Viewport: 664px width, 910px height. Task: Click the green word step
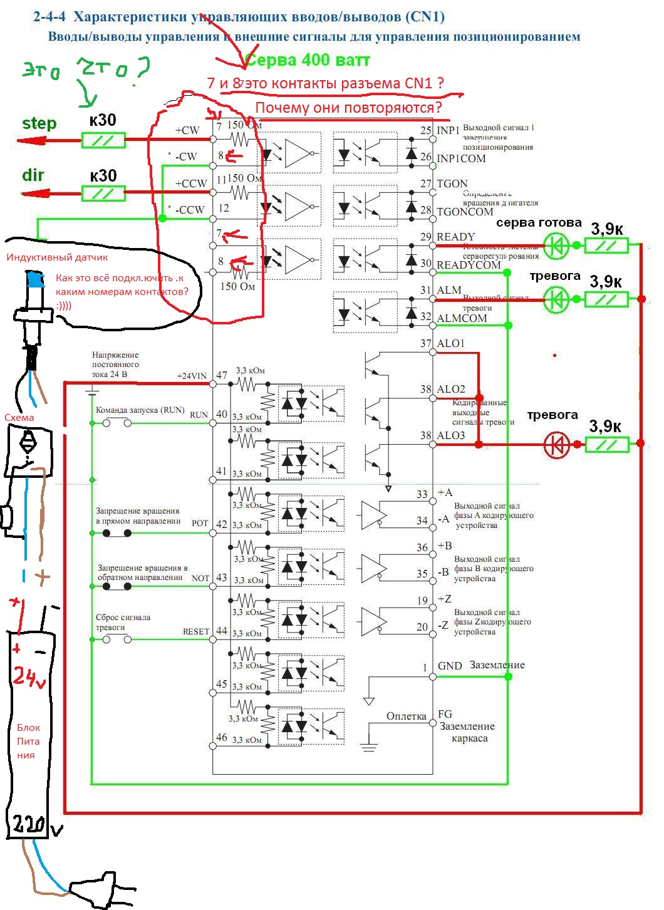[39, 123]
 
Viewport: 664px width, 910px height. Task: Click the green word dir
[33, 175]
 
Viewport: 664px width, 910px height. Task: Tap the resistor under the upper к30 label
[103, 140]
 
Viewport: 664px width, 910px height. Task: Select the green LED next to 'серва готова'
[556, 246]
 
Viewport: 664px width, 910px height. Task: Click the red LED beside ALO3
[556, 445]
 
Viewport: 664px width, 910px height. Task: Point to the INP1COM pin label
[461, 158]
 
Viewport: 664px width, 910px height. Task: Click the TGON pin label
[452, 184]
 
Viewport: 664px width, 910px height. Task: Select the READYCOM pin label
[469, 265]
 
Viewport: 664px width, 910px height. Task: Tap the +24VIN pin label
[192, 376]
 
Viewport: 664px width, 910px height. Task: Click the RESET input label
[195, 631]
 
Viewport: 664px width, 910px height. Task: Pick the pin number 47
[222, 376]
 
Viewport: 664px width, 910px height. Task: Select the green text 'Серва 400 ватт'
[307, 61]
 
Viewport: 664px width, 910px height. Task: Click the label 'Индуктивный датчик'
[57, 257]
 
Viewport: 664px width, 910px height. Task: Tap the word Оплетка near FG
[406, 716]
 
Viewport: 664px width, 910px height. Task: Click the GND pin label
[450, 666]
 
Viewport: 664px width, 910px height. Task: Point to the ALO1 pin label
[451, 343]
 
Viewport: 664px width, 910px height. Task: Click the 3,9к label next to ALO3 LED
[605, 427]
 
